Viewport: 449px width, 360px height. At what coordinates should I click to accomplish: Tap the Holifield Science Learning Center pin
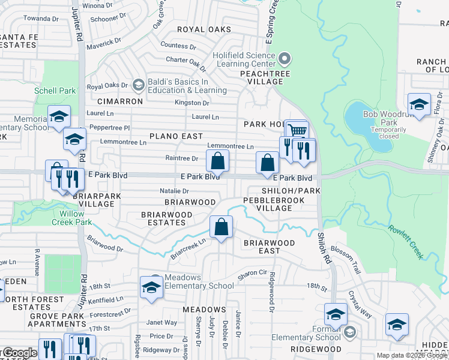[x=285, y=59]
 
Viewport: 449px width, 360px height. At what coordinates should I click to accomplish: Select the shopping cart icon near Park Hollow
[x=297, y=131]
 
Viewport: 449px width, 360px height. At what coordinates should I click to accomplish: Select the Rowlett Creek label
[x=405, y=242]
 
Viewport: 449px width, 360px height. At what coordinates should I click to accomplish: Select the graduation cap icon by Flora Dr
[x=420, y=104]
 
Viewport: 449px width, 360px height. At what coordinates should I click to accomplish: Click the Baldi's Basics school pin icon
[x=139, y=85]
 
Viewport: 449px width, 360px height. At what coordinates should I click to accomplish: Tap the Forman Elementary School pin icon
[x=349, y=331]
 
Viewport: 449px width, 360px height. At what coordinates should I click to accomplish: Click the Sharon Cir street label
[x=252, y=272]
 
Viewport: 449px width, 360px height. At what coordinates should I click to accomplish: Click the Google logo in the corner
[x=19, y=353]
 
